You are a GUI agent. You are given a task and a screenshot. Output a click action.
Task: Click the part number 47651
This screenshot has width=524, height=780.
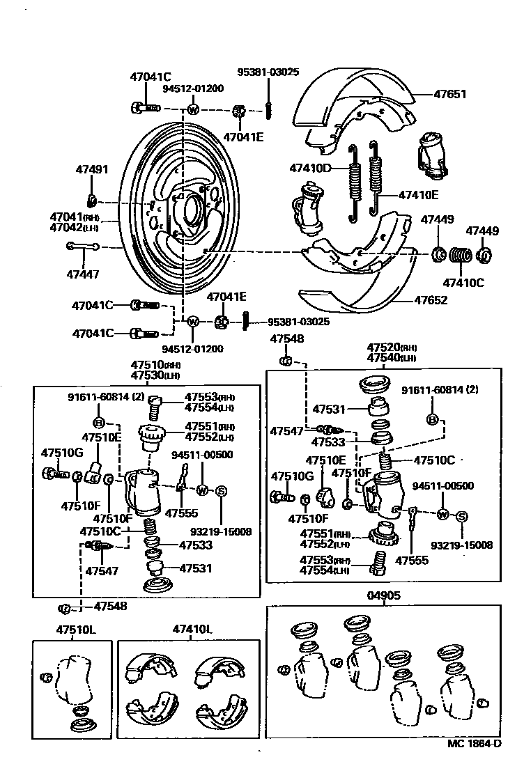[x=449, y=94]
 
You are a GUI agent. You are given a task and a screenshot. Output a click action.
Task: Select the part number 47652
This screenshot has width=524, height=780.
[x=431, y=301]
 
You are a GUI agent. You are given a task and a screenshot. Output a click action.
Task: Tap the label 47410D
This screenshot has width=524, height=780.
[x=310, y=167]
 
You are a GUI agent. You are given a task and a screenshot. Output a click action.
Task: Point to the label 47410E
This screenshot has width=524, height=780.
[x=419, y=195]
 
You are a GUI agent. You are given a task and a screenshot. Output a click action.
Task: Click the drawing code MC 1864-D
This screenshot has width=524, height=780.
[x=474, y=743]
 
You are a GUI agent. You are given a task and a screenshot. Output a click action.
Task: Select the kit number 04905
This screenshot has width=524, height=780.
[x=383, y=595]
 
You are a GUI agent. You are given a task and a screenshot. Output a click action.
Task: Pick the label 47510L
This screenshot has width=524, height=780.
[x=76, y=630]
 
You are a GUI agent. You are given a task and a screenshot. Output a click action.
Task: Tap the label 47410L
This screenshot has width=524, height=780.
[x=192, y=630]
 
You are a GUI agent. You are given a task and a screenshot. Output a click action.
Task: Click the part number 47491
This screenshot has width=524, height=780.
[x=92, y=169]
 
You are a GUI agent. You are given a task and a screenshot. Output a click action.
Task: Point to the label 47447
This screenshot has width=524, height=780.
[x=83, y=273]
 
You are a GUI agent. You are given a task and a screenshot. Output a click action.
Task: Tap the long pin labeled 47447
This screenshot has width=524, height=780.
[x=82, y=246]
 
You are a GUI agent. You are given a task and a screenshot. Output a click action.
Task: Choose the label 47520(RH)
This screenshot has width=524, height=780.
[x=392, y=348]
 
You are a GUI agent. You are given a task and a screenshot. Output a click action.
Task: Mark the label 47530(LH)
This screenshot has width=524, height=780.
[x=156, y=375]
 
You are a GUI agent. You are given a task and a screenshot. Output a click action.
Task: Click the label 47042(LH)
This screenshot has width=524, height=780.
[x=74, y=227]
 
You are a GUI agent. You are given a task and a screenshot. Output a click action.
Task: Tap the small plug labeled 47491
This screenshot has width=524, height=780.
[x=91, y=201]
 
